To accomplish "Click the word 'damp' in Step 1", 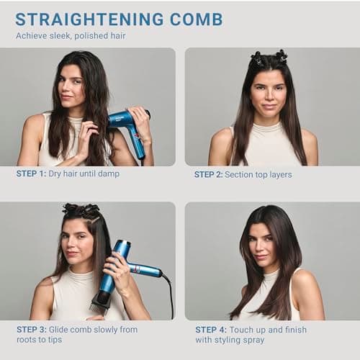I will (x=107, y=174).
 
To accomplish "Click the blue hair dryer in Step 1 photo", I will (x=130, y=126).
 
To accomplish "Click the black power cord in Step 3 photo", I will (x=170, y=295).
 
